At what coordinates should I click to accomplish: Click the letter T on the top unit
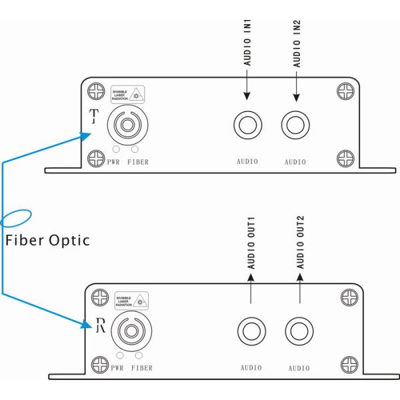click(94, 118)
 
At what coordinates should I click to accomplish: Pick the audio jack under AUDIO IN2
click(295, 125)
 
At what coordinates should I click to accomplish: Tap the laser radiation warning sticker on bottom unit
click(131, 301)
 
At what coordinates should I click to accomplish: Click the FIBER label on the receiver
click(142, 367)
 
